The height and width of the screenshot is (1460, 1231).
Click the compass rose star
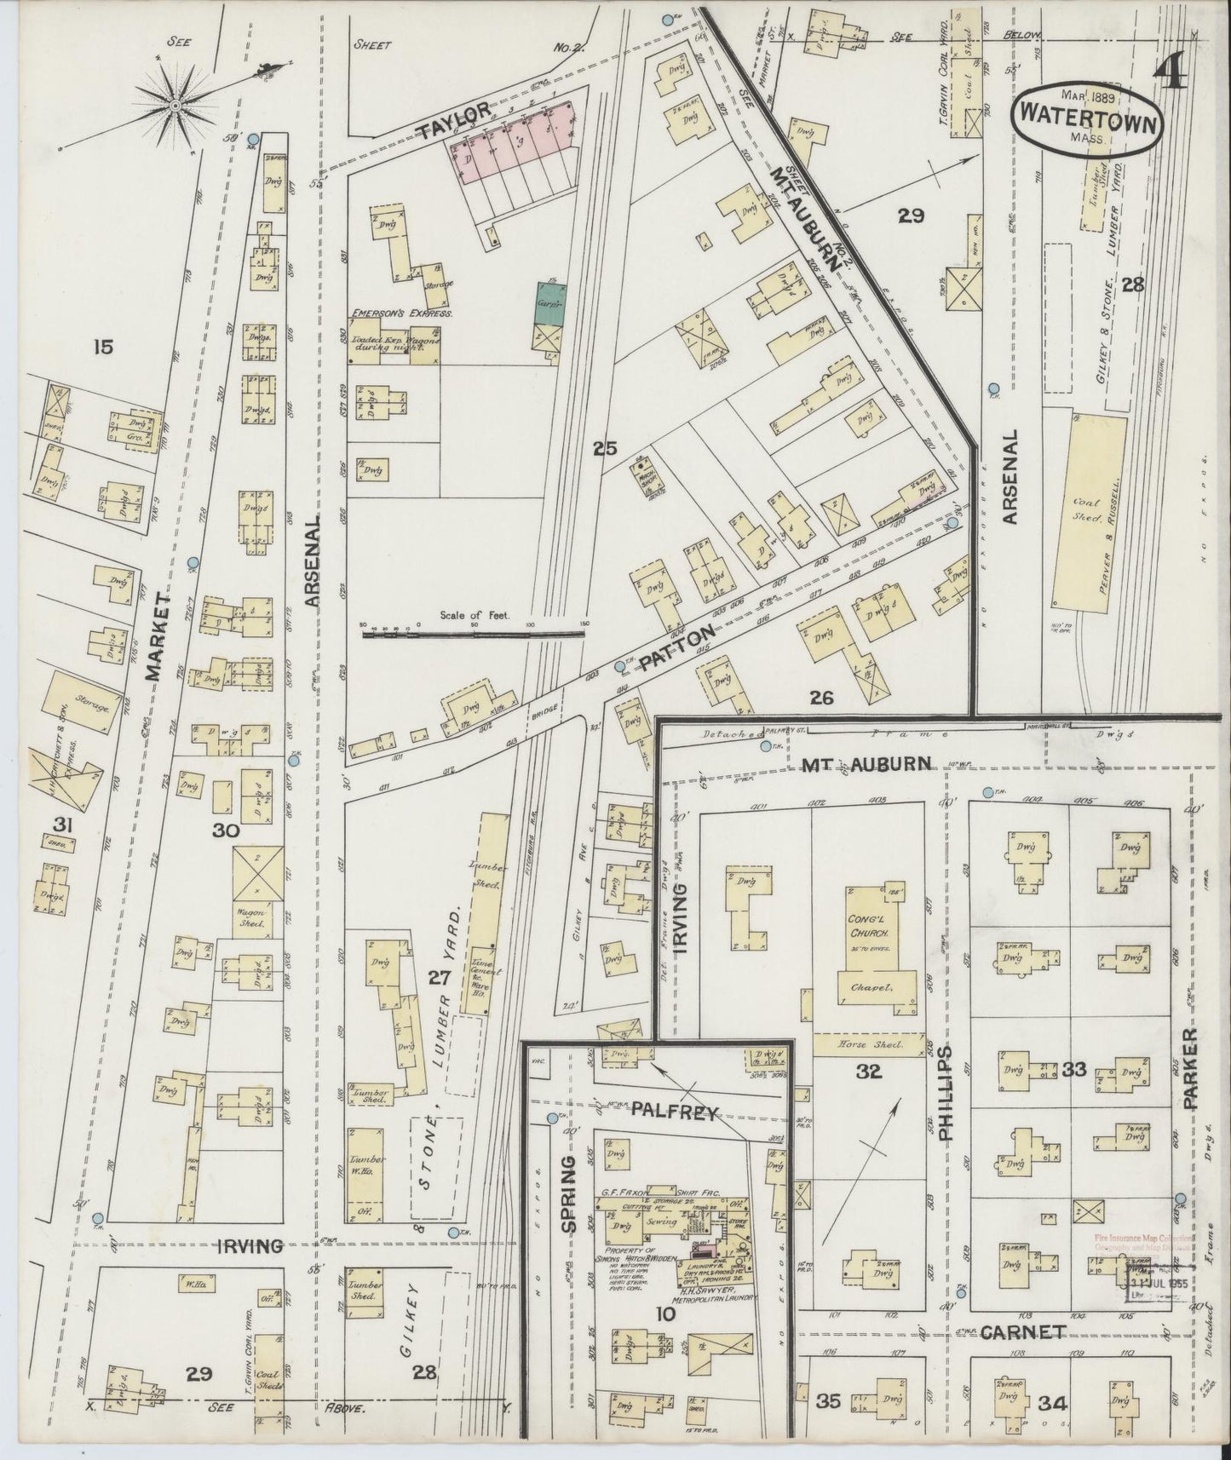pos(175,106)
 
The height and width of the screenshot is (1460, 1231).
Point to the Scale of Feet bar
pos(474,634)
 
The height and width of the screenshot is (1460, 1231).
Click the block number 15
pos(105,347)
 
